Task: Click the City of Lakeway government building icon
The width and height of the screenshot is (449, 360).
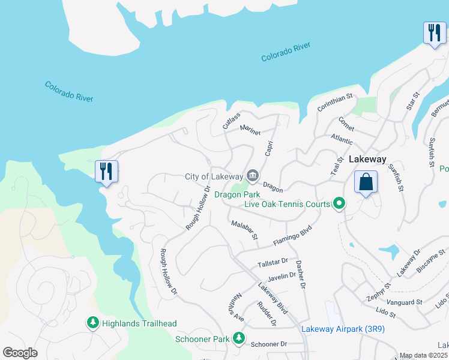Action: click(x=253, y=176)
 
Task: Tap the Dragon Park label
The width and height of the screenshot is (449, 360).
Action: click(x=237, y=194)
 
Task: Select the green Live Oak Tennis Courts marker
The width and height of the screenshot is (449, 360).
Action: click(x=339, y=204)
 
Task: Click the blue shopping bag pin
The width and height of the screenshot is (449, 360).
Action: click(x=366, y=181)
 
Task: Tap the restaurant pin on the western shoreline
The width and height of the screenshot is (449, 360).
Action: click(x=106, y=171)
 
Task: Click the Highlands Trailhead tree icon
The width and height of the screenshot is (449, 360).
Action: click(x=93, y=323)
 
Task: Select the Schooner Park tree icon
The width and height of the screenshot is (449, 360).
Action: click(x=239, y=339)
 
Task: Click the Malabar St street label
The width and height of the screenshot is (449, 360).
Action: click(x=244, y=231)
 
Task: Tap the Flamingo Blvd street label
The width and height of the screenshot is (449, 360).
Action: click(x=293, y=235)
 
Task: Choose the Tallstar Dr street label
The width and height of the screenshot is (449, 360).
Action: click(x=273, y=263)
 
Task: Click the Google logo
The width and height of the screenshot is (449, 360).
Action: click(x=20, y=352)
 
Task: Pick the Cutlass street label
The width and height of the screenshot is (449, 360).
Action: click(x=231, y=120)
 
